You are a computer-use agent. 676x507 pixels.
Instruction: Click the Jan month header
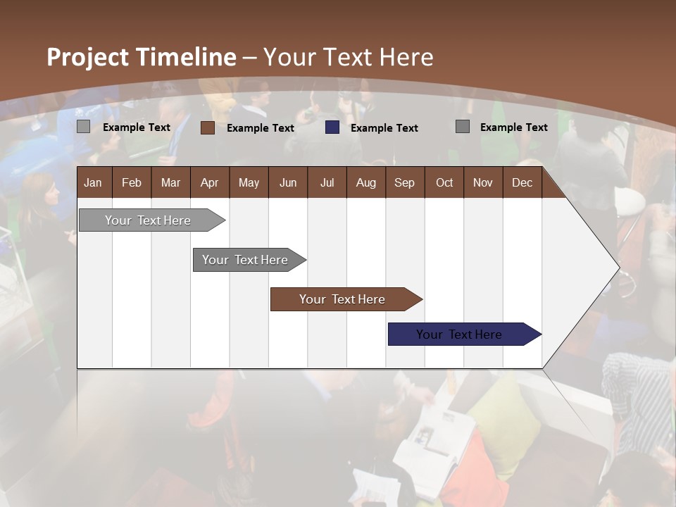click(93, 182)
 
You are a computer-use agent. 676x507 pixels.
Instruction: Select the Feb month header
click(132, 182)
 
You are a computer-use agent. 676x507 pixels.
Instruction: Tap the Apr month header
click(209, 182)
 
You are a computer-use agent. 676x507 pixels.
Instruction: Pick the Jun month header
click(287, 182)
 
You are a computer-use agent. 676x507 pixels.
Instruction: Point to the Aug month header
click(365, 182)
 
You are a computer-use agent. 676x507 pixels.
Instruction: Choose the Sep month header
click(404, 182)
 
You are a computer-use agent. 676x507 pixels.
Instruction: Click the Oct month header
click(444, 182)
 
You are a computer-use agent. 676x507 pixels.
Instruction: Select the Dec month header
click(522, 182)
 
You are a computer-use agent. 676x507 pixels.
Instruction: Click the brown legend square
click(207, 127)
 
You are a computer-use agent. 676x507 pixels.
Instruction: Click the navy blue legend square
click(332, 127)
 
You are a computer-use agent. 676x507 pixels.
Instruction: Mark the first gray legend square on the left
click(83, 127)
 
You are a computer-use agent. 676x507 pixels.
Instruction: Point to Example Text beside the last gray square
click(513, 127)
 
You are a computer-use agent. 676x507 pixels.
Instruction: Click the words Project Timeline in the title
click(141, 57)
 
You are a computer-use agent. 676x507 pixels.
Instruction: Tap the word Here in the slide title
click(406, 57)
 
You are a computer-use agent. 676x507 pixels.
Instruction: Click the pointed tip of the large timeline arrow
click(618, 267)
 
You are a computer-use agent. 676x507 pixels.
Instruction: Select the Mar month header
click(170, 182)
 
